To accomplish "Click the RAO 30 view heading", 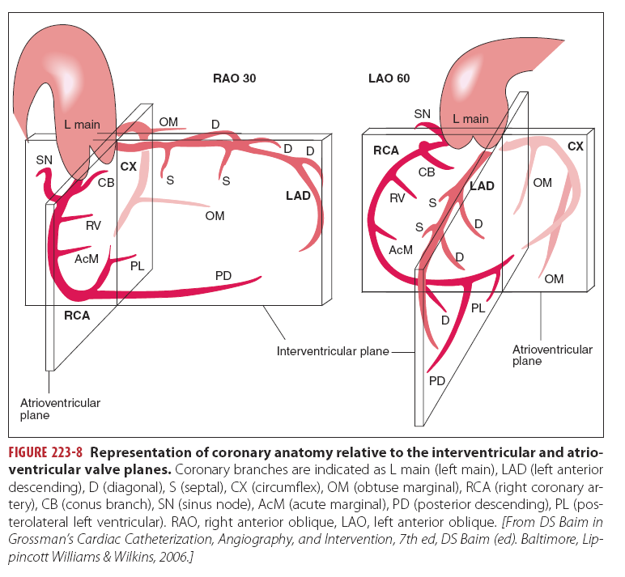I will pos(235,78).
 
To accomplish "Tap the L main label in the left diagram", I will pos(83,125).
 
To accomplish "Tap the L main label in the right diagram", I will pos(470,119).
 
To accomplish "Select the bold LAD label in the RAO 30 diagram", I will pos(298,195).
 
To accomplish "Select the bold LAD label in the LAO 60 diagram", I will pos(482,185).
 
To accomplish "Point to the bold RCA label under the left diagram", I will pos(77,316).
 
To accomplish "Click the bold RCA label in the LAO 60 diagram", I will pos(386,151).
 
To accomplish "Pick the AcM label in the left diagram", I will pos(87,258).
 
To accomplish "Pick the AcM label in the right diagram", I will pos(401,250).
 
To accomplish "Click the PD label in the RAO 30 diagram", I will pos(223,276).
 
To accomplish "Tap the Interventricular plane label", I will pos(333,351).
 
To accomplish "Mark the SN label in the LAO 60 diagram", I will pos(422,114).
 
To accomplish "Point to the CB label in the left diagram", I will pos(105,182).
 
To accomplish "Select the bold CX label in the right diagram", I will pos(575,146).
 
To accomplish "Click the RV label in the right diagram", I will pos(398,197).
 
